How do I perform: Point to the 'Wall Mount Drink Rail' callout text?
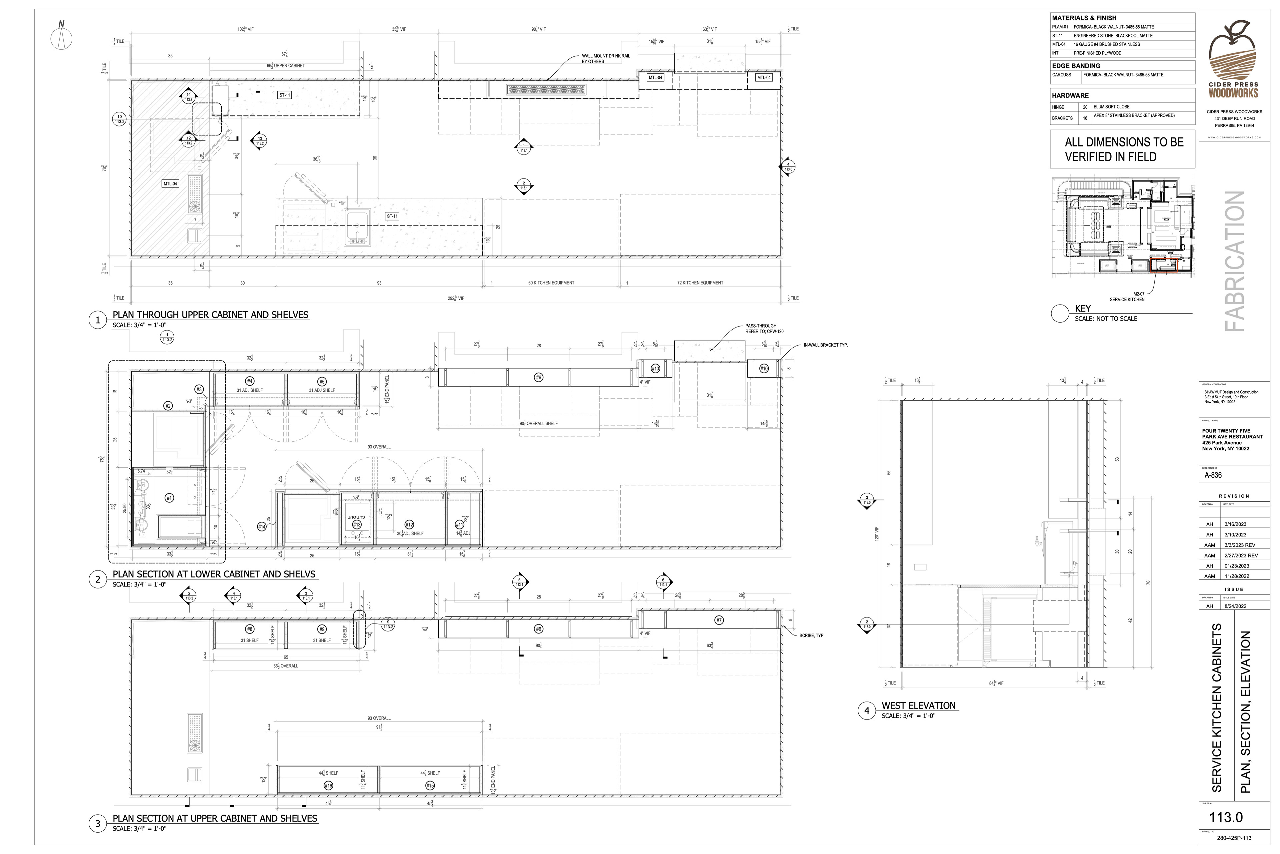(605, 58)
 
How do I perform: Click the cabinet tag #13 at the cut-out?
(356, 524)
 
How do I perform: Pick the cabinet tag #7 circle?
(719, 620)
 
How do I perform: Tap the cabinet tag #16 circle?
(328, 785)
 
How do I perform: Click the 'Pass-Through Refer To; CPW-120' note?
(764, 328)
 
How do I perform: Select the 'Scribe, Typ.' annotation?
(811, 635)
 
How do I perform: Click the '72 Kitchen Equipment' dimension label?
(700, 283)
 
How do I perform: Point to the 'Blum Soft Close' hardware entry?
(1111, 107)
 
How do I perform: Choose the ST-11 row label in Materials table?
(1059, 35)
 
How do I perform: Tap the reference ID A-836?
(1213, 475)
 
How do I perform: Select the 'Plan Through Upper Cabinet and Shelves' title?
(210, 315)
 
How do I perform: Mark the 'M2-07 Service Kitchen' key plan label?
(1127, 297)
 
